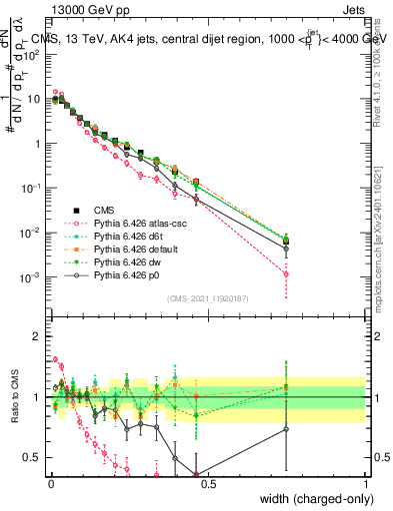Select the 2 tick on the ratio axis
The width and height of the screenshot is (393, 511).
click(x=39, y=336)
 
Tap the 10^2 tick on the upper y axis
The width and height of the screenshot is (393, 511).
click(x=32, y=55)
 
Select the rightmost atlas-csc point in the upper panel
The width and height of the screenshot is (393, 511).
click(x=286, y=273)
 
